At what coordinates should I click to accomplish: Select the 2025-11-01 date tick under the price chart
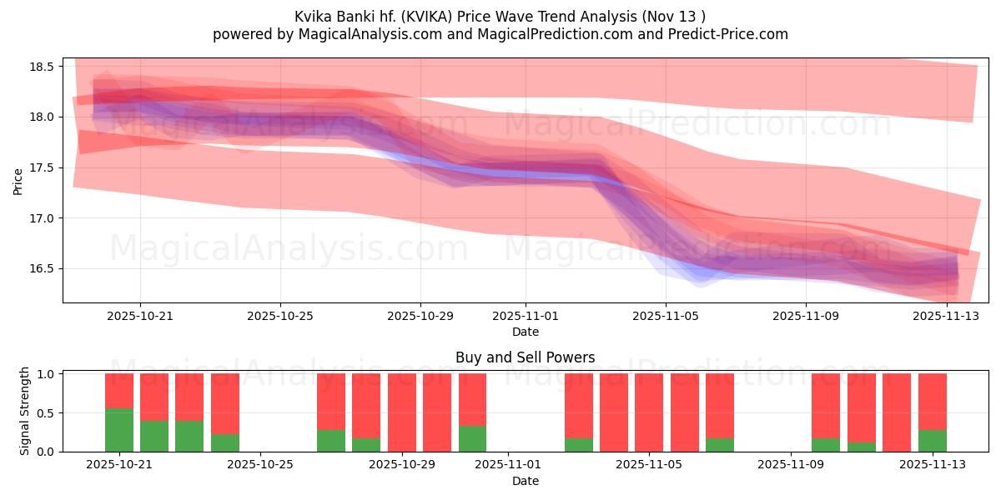(x=526, y=317)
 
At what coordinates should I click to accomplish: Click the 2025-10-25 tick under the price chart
(x=280, y=317)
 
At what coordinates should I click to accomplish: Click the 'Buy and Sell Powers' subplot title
(x=526, y=357)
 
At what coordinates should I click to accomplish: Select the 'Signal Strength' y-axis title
(x=25, y=410)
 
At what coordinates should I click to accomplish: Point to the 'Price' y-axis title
(x=18, y=181)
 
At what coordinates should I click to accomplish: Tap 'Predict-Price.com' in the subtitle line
(x=733, y=34)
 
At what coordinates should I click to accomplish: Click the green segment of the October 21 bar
(x=119, y=430)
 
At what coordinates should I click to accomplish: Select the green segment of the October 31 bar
(x=472, y=438)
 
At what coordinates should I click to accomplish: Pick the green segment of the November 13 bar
(x=932, y=441)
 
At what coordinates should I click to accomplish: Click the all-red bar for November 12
(x=897, y=412)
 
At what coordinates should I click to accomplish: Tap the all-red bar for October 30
(x=437, y=412)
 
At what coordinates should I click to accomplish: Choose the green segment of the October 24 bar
(x=225, y=442)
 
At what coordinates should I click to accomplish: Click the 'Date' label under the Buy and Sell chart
(x=526, y=481)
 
